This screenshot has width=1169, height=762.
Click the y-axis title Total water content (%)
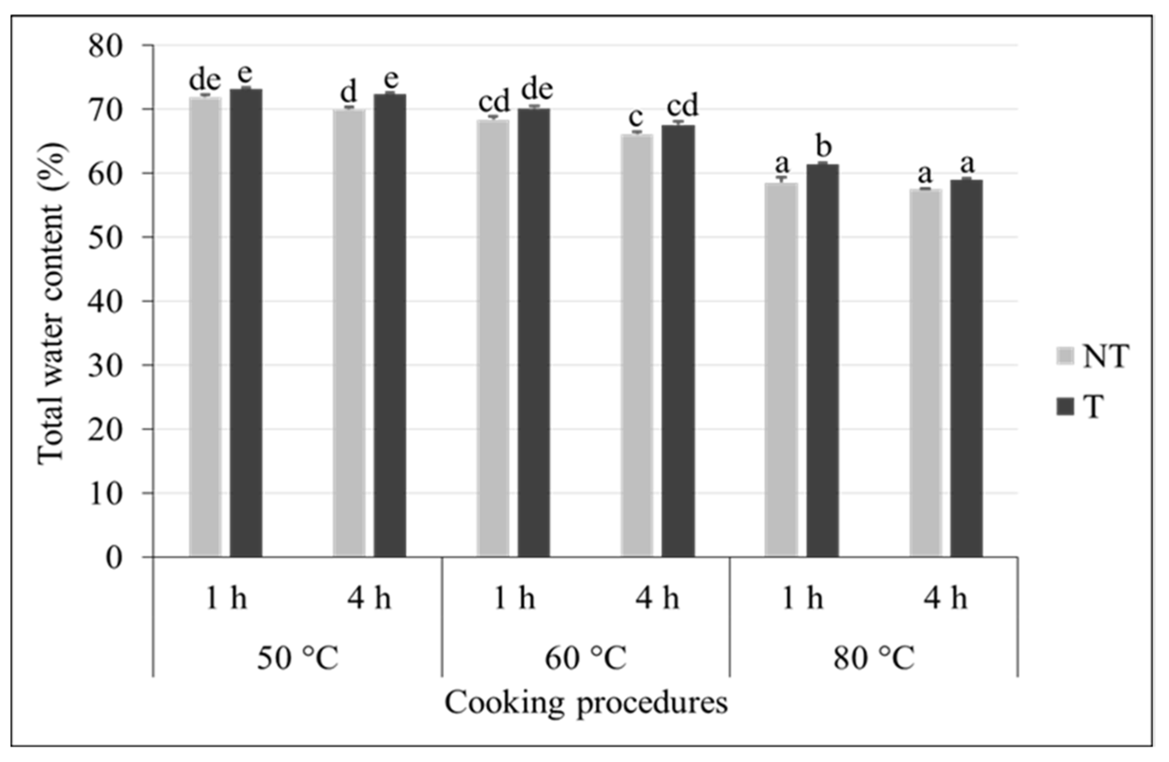click(x=52, y=303)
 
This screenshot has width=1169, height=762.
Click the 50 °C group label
click(x=297, y=659)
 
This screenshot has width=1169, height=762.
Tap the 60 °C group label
click(x=586, y=659)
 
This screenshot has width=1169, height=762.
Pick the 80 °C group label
click(x=874, y=659)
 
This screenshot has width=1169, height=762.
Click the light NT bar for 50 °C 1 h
click(x=205, y=327)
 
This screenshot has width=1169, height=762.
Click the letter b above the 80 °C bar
click(x=823, y=147)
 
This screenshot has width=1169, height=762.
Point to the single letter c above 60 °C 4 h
click(x=636, y=118)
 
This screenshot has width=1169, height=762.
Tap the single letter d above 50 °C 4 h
click(x=349, y=92)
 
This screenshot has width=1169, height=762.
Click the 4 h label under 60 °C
click(x=658, y=599)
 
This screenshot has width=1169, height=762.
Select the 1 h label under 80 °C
click(x=802, y=599)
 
